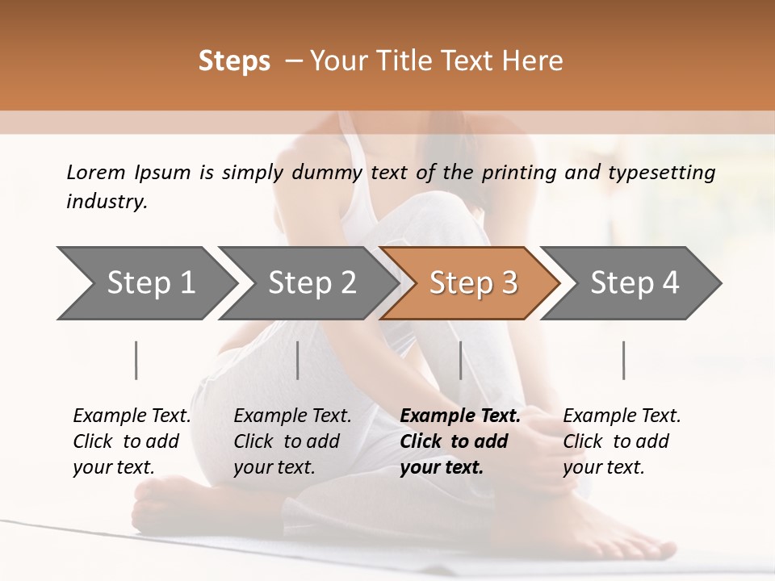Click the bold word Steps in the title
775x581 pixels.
coord(234,61)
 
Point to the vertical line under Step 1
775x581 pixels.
coord(136,360)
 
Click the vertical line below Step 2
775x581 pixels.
coord(298,360)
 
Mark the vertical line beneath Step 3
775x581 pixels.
coord(461,360)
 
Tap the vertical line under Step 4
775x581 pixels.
coord(624,360)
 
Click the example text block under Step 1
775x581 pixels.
coord(132,441)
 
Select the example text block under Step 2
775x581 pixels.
coord(292,441)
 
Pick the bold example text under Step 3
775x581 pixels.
coord(460,441)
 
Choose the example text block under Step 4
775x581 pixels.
coord(622,441)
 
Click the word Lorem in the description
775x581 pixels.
coord(96,172)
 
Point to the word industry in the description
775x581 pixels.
coord(107,202)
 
